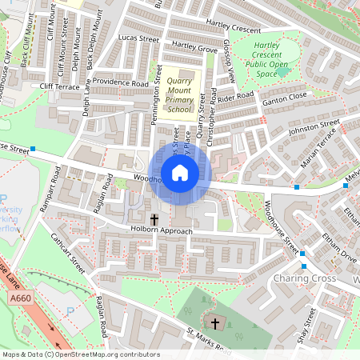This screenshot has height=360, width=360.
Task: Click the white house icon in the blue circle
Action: [180, 173]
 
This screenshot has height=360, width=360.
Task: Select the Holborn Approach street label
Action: [162, 231]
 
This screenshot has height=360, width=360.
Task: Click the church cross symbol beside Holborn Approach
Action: [154, 218]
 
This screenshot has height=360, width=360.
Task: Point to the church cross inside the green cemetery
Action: [214, 323]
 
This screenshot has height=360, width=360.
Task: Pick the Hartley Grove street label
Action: [194, 49]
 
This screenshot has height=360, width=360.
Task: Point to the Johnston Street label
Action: [314, 126]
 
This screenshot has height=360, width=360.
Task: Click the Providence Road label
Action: [120, 82]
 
